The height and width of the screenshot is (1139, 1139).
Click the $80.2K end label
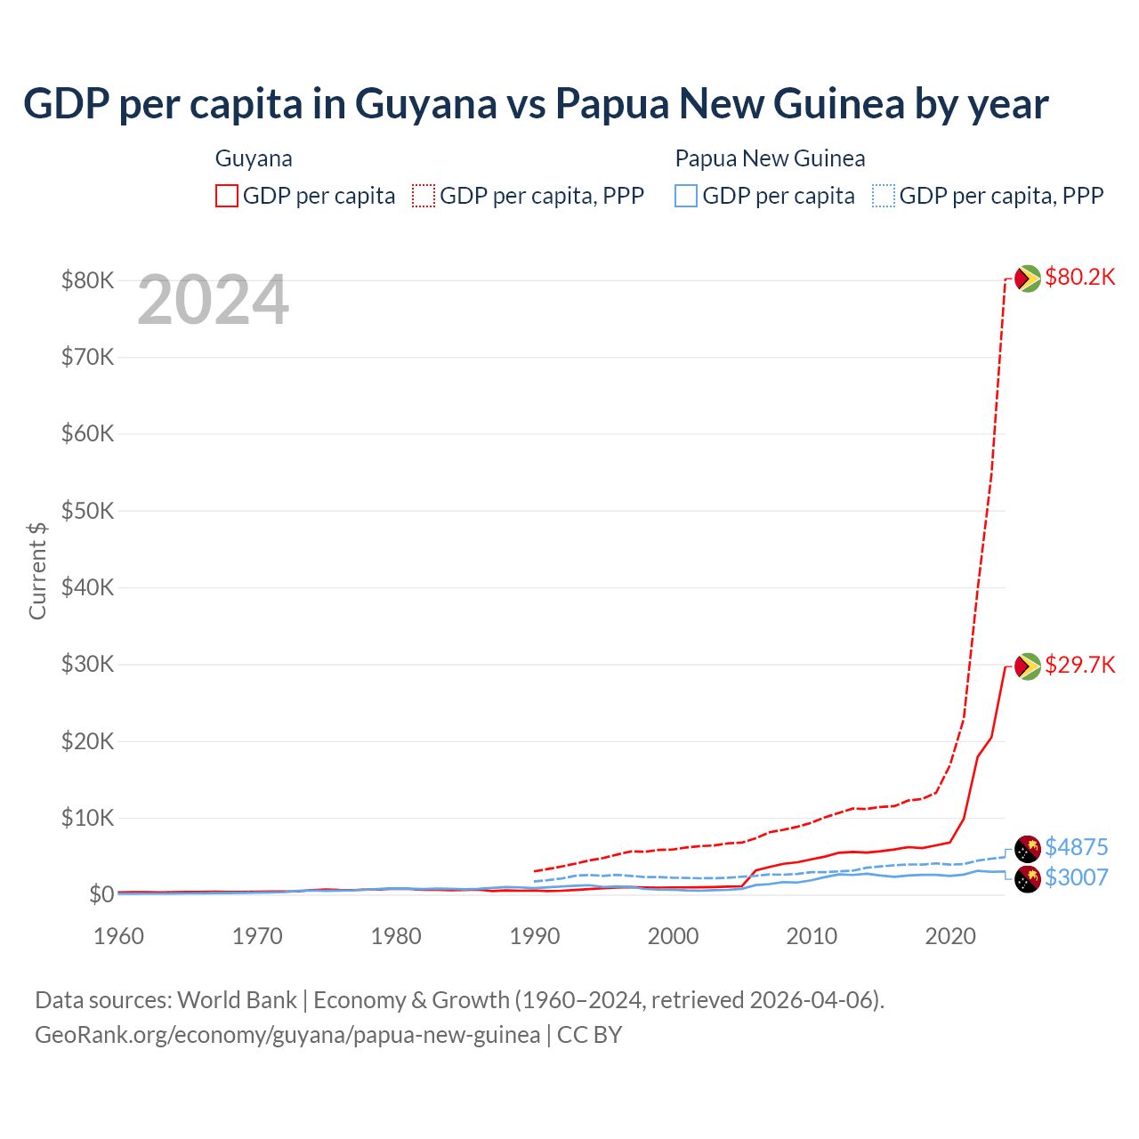[x=1079, y=278]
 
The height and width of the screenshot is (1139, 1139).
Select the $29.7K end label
[x=1079, y=666]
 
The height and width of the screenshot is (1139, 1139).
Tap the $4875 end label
[x=1076, y=847]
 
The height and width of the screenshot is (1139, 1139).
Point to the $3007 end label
[x=1076, y=877]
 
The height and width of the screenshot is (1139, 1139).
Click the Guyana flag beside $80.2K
[x=1028, y=279]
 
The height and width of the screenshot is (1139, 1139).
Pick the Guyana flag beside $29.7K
[x=1028, y=666]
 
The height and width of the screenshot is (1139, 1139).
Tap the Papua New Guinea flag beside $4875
[x=1028, y=848]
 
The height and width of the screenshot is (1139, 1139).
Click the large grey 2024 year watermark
[x=214, y=301]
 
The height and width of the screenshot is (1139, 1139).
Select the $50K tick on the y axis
[x=87, y=511]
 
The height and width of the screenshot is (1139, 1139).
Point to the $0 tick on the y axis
[x=101, y=894]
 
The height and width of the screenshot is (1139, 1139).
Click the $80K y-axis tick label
[x=87, y=281]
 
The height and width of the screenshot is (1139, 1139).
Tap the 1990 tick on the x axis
[x=535, y=936]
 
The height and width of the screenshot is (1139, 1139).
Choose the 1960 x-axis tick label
[x=119, y=936]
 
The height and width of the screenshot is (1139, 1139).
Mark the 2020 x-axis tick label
[x=950, y=936]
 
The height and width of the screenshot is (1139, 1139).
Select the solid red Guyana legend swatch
[x=227, y=196]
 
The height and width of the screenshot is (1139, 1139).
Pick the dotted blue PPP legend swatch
[x=884, y=196]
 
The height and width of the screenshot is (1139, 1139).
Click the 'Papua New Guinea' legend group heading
[x=770, y=159]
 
